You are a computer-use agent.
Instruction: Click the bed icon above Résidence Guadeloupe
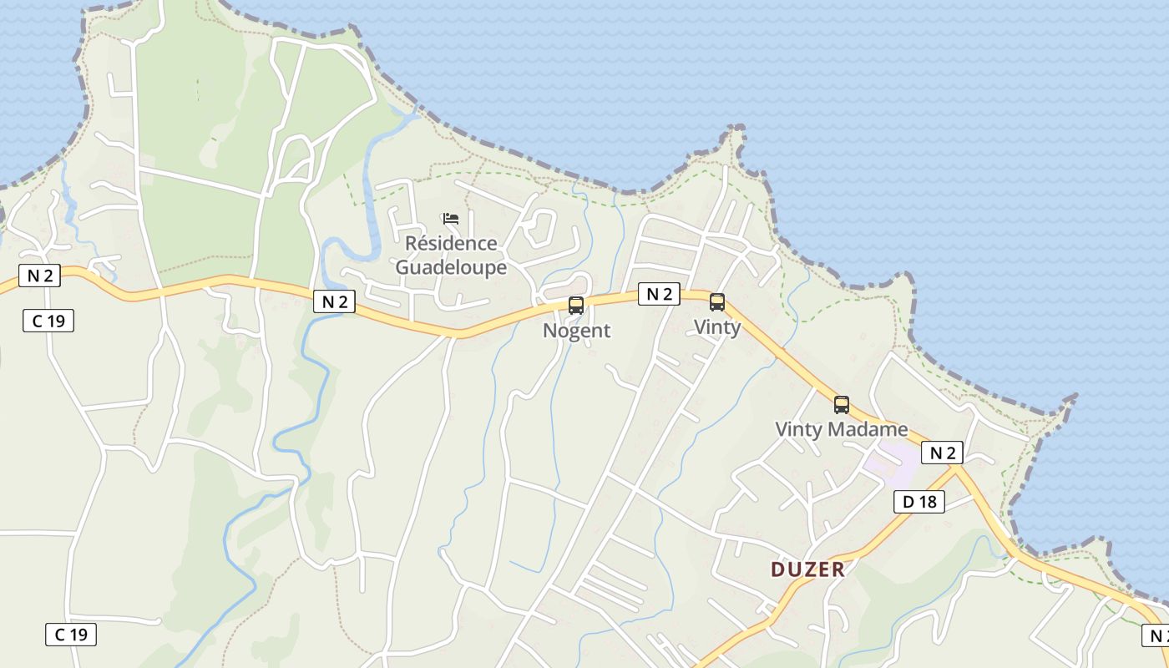click(451, 219)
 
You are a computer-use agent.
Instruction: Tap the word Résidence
click(451, 243)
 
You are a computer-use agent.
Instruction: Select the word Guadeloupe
click(451, 267)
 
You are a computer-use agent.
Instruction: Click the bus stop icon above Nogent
click(576, 306)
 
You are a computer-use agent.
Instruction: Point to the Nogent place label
click(576, 331)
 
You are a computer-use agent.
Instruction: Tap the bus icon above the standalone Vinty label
click(717, 302)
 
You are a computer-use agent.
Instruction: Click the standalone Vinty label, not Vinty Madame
click(717, 327)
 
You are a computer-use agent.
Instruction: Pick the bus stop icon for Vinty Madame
click(842, 405)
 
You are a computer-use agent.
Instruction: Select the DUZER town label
click(807, 569)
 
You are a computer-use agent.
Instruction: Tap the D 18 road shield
click(919, 501)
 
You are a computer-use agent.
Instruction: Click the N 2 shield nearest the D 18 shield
click(943, 453)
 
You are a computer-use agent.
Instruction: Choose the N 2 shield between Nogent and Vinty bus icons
click(659, 294)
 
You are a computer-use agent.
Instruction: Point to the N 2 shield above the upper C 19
click(39, 276)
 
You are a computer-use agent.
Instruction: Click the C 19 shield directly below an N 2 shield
click(48, 321)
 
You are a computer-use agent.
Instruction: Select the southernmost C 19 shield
click(71, 635)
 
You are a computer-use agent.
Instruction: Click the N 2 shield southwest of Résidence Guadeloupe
click(334, 301)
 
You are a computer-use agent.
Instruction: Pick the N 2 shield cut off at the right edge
click(1156, 635)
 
